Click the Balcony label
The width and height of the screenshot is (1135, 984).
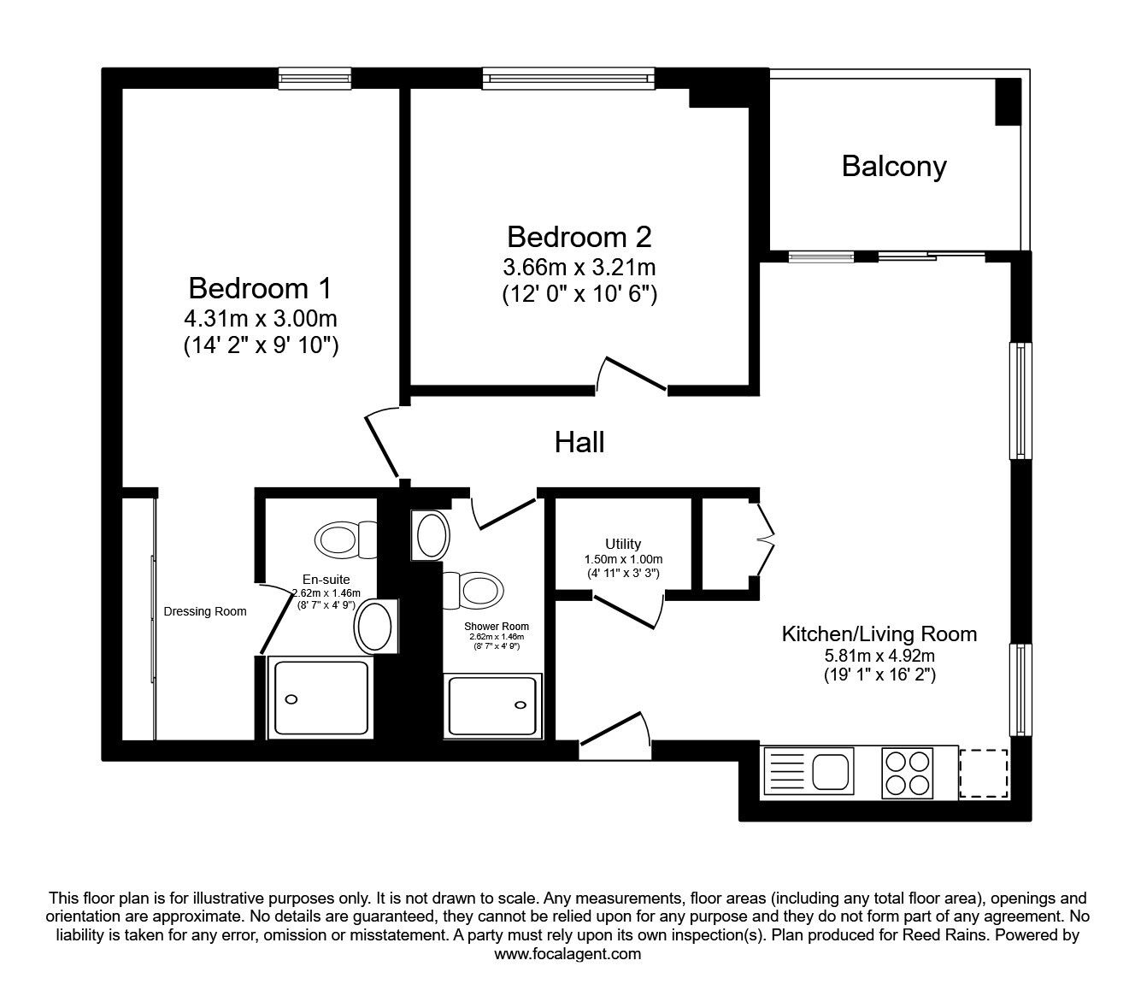(894, 167)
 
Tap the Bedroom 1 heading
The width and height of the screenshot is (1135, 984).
(261, 288)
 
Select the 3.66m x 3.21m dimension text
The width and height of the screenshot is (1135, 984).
(579, 268)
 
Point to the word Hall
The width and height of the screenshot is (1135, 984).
(579, 442)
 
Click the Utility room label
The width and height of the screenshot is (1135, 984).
(623, 544)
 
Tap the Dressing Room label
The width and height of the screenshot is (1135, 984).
(205, 611)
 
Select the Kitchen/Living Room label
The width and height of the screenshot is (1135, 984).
(879, 634)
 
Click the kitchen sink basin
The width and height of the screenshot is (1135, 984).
(832, 771)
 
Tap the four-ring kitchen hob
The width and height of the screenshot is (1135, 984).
(907, 773)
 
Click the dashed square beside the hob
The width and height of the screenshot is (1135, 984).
(984, 774)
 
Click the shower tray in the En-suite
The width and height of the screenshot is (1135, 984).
(321, 698)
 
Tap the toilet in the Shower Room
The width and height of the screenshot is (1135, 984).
(473, 591)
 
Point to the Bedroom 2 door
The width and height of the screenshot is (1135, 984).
(632, 374)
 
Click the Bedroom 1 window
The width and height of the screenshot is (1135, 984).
(315, 79)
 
